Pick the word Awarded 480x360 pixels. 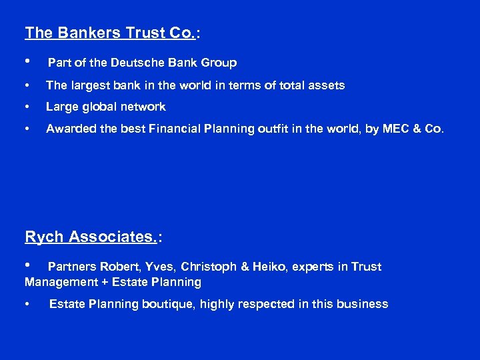(x=70, y=129)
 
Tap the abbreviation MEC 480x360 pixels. (x=395, y=129)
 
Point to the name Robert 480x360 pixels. (x=113, y=267)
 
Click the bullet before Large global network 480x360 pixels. (x=27, y=107)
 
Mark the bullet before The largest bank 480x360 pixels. (x=27, y=86)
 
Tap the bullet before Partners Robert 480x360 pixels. (x=27, y=267)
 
